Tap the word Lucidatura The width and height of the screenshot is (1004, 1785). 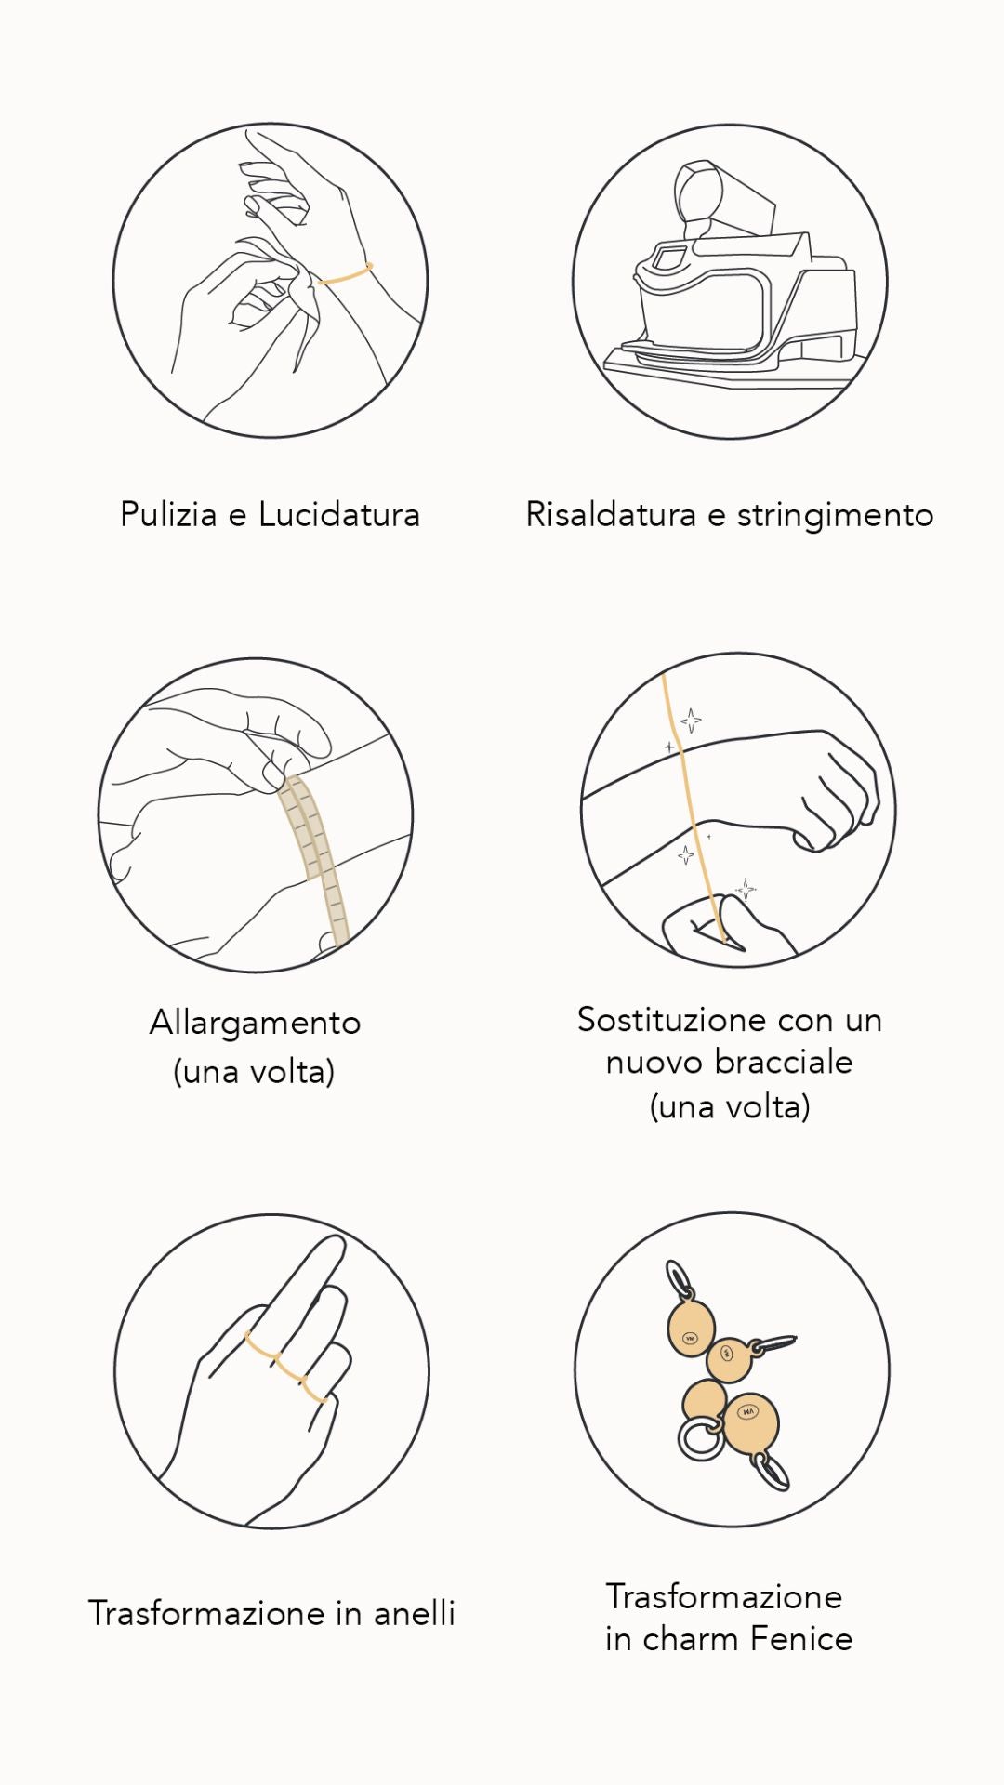point(339,514)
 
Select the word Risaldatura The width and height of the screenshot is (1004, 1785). point(611,514)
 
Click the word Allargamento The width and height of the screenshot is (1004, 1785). point(255,1023)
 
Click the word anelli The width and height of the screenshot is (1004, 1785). point(415,1613)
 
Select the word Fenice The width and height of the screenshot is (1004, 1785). point(801,1638)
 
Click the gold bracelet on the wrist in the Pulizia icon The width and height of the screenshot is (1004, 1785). point(345,274)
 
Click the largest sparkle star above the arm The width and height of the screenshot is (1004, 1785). point(691,721)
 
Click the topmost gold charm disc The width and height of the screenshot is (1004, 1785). point(691,1328)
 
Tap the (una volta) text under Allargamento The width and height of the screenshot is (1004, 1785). point(254,1072)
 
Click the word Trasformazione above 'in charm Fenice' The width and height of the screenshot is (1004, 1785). point(724,1596)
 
